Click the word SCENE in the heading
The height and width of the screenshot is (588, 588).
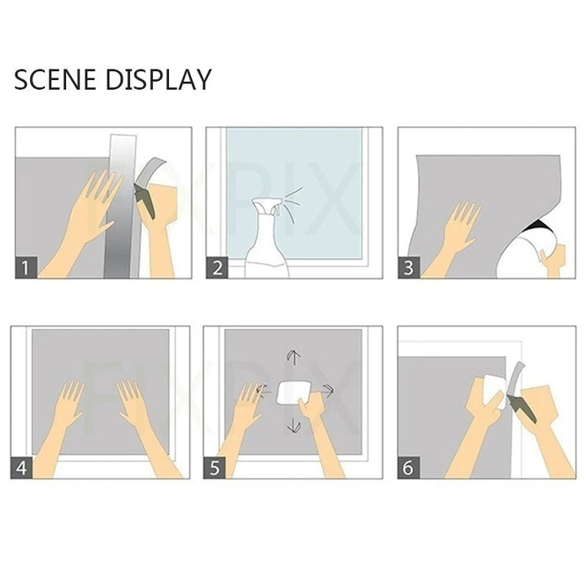point(55,79)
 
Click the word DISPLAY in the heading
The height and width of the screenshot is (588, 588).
point(158,79)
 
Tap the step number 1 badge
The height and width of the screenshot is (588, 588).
point(26,267)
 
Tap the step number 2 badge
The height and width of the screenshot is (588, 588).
point(216,268)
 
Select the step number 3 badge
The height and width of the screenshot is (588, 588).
point(409,268)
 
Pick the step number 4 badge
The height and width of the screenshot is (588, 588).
point(22,468)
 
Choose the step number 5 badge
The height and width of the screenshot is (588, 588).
point(215,468)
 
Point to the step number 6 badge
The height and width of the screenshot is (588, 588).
point(408,468)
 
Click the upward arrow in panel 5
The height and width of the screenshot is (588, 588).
point(294,357)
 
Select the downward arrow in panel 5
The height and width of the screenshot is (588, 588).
point(294,425)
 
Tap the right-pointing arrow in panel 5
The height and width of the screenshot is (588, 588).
point(328,390)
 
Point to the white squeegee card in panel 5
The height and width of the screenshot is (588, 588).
point(292,393)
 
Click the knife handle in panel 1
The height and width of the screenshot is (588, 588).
point(145,203)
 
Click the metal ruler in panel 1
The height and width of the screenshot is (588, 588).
point(121,207)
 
